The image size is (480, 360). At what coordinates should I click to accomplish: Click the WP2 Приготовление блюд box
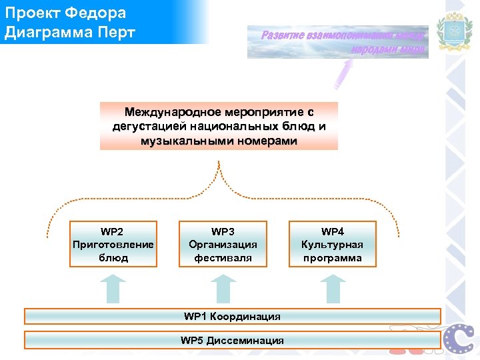point(113,244)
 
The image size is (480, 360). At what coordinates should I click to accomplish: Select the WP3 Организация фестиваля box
point(223,244)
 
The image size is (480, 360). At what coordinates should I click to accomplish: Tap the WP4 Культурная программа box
point(332,244)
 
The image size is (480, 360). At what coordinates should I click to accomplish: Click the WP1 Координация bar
point(232,315)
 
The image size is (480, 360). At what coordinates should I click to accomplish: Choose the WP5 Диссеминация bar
point(232,341)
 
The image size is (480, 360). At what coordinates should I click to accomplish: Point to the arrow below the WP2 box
point(113,288)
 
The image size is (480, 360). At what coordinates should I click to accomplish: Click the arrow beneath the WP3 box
point(223,288)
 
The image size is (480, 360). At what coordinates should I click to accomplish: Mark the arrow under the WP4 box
point(332,288)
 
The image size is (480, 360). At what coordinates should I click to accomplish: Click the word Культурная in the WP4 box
point(332,245)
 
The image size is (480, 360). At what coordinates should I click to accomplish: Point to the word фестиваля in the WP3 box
point(223,257)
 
